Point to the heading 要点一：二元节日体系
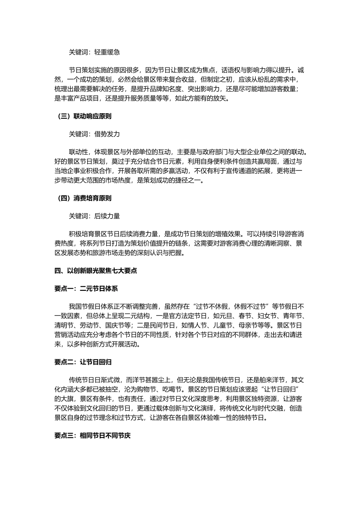click(86, 289)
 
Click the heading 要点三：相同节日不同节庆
click(92, 436)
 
